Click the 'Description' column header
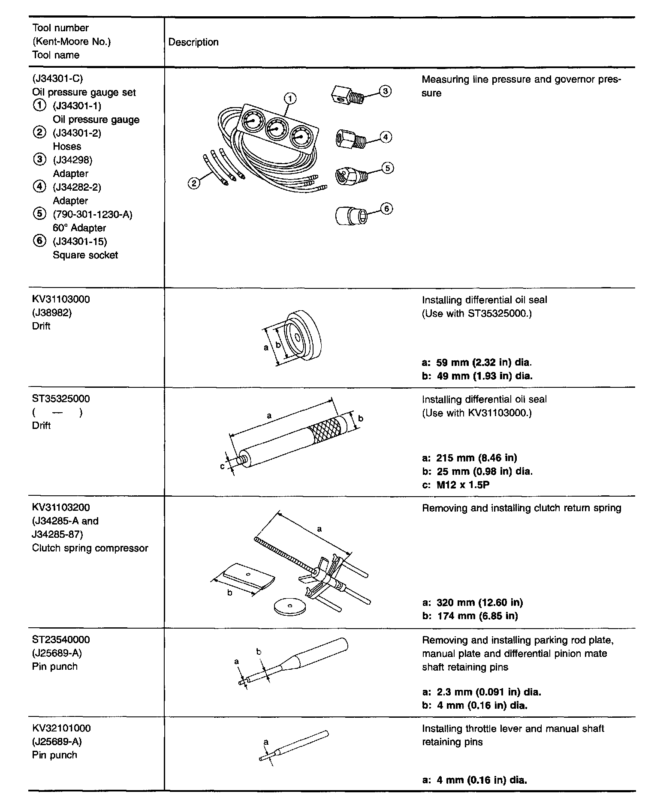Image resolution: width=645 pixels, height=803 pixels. (x=193, y=42)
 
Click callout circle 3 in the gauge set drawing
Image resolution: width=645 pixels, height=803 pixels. (x=385, y=91)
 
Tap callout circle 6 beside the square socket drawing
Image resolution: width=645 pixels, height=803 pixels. (x=386, y=209)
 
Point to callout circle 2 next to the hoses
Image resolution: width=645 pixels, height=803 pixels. (x=194, y=183)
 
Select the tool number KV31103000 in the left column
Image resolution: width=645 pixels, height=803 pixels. (x=61, y=299)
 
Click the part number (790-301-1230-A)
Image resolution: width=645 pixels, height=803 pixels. (x=93, y=214)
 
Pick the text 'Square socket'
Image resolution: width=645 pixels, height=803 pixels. (x=85, y=255)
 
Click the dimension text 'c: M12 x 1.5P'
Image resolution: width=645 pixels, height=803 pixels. (x=456, y=485)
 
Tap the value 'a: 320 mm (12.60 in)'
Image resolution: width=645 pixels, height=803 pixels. (x=473, y=602)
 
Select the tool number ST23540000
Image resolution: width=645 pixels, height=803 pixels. (x=61, y=640)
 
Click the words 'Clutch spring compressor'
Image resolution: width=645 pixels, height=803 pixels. (x=90, y=548)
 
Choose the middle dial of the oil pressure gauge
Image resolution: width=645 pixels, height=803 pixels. (x=276, y=129)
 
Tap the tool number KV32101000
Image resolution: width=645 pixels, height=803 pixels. (x=61, y=728)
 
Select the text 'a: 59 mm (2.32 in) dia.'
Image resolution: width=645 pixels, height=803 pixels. (x=477, y=363)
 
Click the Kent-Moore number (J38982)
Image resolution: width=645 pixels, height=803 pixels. (x=52, y=313)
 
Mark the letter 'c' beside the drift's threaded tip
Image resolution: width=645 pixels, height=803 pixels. (x=222, y=466)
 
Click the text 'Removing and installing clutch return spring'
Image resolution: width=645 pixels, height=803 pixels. (x=521, y=508)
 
